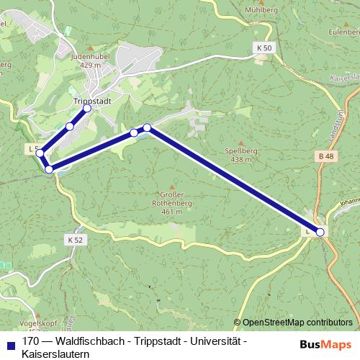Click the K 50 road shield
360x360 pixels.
(264, 48)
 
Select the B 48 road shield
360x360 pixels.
(326, 156)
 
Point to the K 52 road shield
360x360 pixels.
(73, 239)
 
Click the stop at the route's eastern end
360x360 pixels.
(320, 232)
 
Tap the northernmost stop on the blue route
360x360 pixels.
(87, 108)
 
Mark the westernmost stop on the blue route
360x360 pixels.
(40, 153)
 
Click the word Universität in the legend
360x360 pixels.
(214, 341)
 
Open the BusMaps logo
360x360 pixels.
(325, 346)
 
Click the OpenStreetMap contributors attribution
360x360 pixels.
(297, 322)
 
